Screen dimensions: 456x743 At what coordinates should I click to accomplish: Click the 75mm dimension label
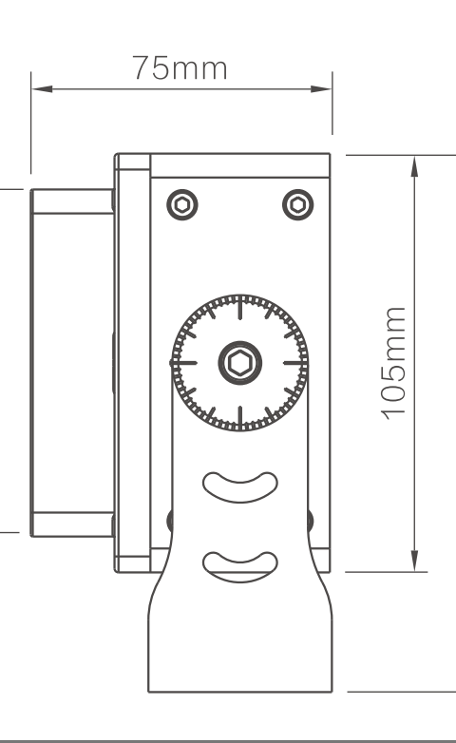point(180,68)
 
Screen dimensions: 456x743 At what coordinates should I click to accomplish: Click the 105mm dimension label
point(394,364)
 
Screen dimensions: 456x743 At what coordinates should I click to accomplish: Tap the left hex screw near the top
point(182,204)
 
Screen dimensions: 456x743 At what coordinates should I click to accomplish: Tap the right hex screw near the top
point(297,204)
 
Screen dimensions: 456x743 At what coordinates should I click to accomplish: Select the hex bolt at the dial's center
point(239,363)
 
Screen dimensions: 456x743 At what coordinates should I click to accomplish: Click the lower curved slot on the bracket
point(239,567)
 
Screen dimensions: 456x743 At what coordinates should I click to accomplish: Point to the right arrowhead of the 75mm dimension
point(321,88)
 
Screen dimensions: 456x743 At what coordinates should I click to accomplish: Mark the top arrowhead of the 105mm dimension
point(415,166)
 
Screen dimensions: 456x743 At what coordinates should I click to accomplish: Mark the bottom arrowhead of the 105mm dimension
point(415,561)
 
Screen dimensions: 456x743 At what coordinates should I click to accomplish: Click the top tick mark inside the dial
point(239,307)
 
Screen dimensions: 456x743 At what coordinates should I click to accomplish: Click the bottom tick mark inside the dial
point(239,418)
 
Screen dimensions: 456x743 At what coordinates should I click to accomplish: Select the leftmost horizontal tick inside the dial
point(183,363)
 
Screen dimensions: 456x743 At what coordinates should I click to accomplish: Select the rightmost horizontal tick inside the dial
point(295,363)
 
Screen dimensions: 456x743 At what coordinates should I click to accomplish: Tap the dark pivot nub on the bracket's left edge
point(169,521)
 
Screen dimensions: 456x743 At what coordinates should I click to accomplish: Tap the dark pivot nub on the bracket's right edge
point(311,521)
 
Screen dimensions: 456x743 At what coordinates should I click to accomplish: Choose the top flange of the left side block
point(72,201)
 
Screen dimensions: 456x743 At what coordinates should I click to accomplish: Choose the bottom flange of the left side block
point(72,524)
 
